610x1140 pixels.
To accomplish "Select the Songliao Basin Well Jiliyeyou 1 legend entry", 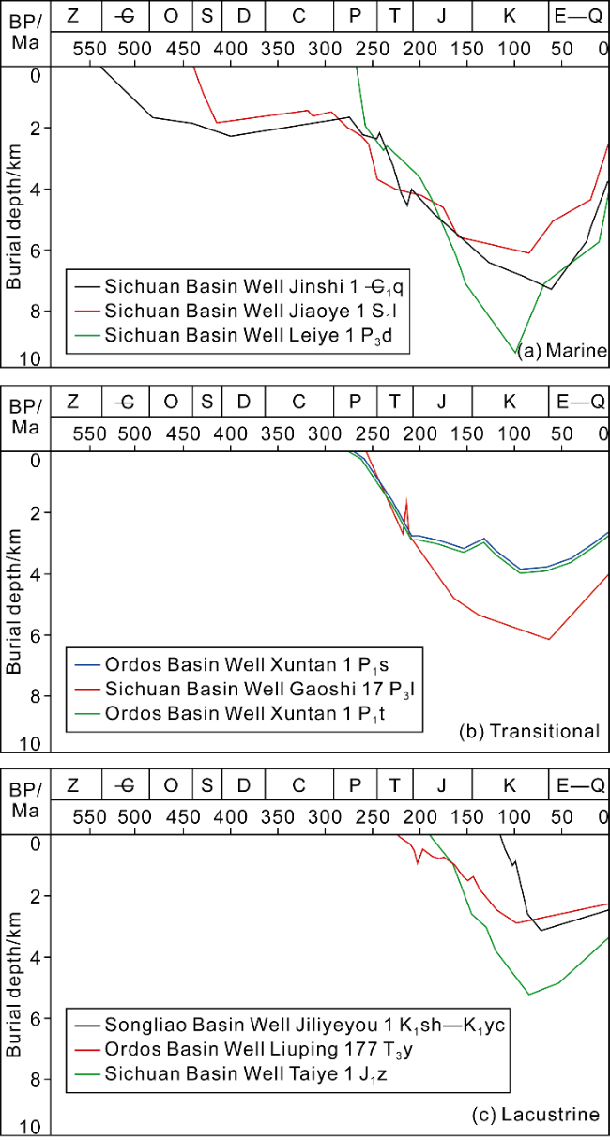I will pos(287,1024).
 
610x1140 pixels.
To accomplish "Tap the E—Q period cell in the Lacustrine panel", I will pos(579,784).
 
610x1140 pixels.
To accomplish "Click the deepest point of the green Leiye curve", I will pos(515,353).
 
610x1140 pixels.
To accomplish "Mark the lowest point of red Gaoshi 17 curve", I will pos(548,640).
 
